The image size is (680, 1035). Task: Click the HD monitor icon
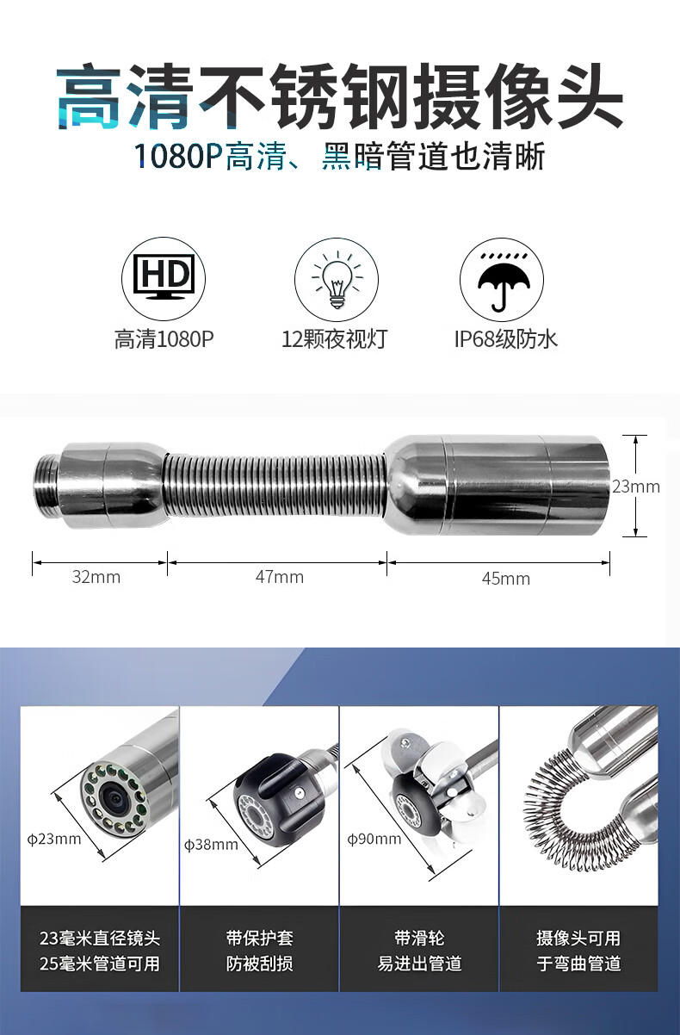pos(164,279)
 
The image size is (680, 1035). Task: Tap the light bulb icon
pos(337,280)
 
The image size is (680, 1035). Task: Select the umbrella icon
pos(502,281)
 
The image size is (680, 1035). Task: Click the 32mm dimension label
pos(96,577)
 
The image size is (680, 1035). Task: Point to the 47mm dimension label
pos(280,577)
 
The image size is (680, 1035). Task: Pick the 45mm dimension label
pos(506,579)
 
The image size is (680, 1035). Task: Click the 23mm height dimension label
pos(636,487)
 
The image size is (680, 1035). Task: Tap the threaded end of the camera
pos(46,485)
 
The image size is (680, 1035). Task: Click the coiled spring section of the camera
pos(275,485)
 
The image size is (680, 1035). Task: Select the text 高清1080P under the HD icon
pos(164,339)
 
